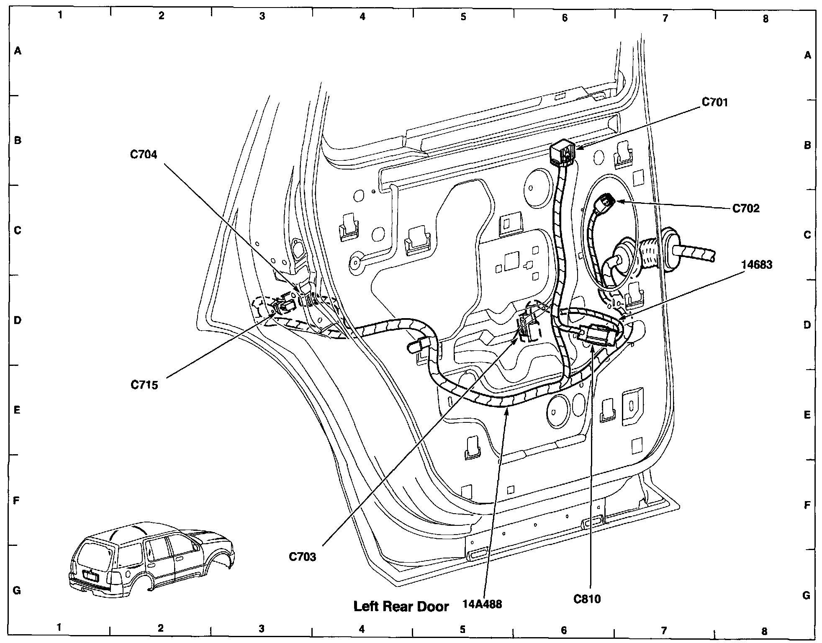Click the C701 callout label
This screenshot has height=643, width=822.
pos(714,103)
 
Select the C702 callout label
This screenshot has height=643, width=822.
pos(745,208)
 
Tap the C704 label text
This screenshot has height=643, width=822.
pos(144,154)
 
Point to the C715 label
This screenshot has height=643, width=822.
pos(144,385)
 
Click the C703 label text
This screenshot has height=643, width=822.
pos(302,557)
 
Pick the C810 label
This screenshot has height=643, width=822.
pos(587,599)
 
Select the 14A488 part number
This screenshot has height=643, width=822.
pos(482,604)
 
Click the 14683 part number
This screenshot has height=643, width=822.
pos(756,265)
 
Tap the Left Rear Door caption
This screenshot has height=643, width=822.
pos(401,607)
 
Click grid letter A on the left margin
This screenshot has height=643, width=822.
pos(18,51)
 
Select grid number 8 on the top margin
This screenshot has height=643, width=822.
pos(765,19)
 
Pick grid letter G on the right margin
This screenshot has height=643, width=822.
pos(807,595)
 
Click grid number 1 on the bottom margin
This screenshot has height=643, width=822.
pos(59,627)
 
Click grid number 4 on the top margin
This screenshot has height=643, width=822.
pos(362,16)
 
